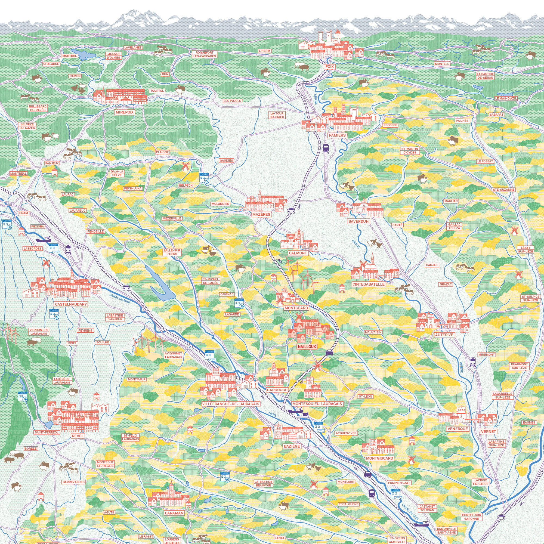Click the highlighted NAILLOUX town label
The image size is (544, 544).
[x=307, y=347]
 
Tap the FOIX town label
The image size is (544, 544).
[x=329, y=67]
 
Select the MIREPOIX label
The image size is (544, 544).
[x=125, y=112]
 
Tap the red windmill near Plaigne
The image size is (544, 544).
[x=185, y=166]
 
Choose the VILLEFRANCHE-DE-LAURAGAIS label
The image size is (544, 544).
[x=231, y=404]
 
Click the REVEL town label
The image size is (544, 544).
[x=78, y=436]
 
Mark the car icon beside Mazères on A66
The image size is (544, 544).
[x=291, y=209]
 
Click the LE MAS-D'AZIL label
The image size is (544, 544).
[x=506, y=98]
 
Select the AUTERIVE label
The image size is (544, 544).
[x=444, y=335]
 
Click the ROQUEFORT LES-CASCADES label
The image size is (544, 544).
[x=205, y=54]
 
